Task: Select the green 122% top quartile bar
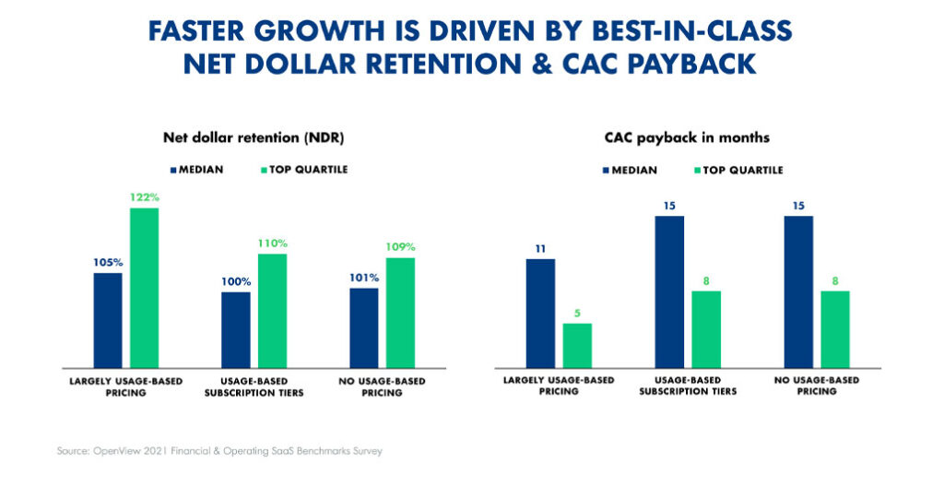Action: click(x=144, y=287)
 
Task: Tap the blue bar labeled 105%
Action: click(x=108, y=319)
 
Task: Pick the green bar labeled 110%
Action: click(x=272, y=310)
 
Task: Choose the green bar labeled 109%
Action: click(x=400, y=312)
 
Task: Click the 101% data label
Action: click(x=364, y=278)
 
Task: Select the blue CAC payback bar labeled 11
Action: click(x=541, y=313)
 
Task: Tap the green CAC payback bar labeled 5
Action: click(x=577, y=345)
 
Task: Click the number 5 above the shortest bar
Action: click(x=577, y=313)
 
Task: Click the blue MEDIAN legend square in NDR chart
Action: click(x=174, y=170)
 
